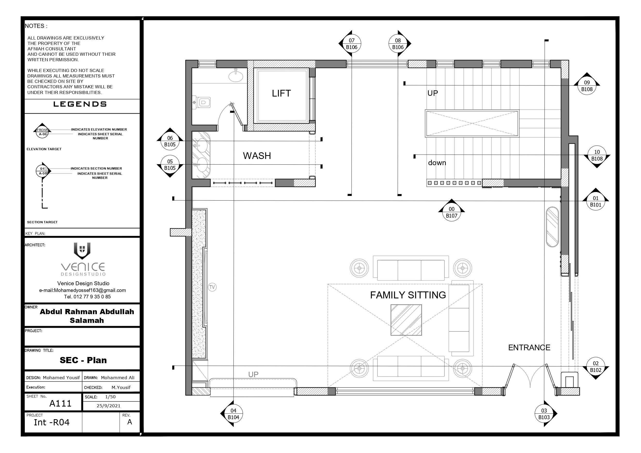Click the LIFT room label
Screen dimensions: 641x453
[282, 93]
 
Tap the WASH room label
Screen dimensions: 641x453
[257, 156]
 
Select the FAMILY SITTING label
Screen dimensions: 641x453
[408, 295]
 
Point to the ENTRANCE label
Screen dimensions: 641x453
[529, 347]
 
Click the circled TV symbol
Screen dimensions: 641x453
[212, 287]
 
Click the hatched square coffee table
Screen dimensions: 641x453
[406, 320]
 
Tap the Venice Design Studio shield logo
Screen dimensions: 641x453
[82, 250]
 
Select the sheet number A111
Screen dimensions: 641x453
[60, 403]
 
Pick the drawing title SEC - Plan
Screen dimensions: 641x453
[83, 360]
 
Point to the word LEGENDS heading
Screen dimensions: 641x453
[80, 104]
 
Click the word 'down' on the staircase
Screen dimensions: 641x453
[437, 163]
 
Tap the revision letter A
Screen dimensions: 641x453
[130, 422]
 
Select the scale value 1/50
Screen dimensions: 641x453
[110, 397]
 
